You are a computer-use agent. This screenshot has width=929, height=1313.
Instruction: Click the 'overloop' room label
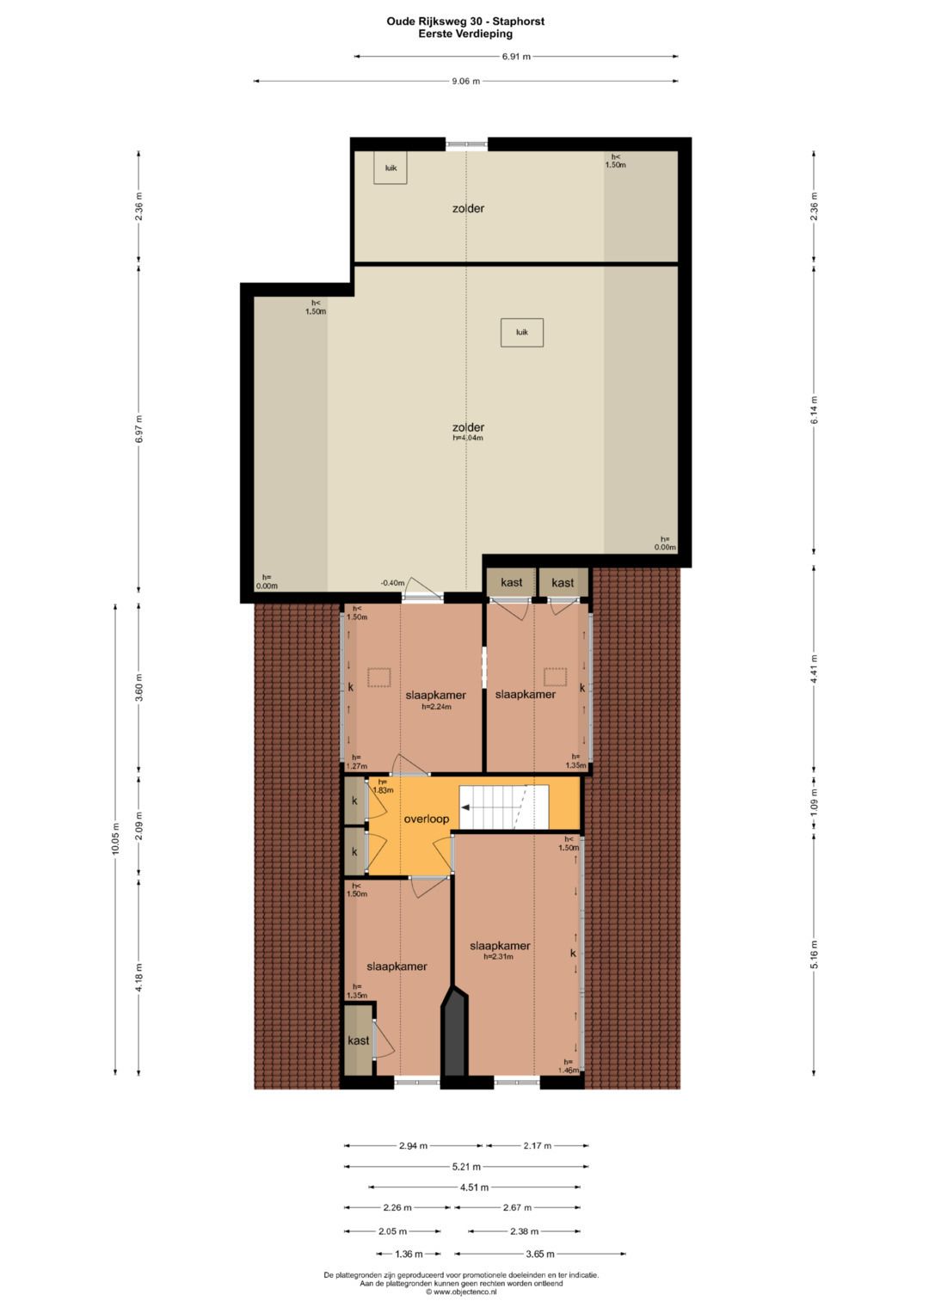[427, 819]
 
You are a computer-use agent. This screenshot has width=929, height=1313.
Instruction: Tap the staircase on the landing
[503, 807]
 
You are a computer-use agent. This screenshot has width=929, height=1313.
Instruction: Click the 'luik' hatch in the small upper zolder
[391, 168]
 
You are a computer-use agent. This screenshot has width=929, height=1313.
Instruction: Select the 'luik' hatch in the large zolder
[522, 332]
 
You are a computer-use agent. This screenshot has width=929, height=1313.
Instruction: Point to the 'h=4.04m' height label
[468, 438]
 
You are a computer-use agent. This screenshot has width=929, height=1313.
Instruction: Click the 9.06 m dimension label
[465, 82]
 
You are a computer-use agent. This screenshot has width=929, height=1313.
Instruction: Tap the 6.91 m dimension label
[516, 57]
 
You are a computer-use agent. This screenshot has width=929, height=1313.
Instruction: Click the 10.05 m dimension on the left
[115, 838]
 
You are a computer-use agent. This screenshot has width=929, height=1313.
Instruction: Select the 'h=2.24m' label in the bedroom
[436, 707]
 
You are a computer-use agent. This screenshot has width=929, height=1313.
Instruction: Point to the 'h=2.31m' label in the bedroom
[498, 956]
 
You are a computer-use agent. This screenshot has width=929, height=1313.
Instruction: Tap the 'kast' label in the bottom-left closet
[359, 1040]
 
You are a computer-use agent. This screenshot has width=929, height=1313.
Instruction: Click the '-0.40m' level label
[392, 583]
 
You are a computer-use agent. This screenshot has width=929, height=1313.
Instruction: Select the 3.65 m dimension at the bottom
[539, 1254]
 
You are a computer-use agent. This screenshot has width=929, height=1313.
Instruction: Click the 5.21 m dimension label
[466, 1167]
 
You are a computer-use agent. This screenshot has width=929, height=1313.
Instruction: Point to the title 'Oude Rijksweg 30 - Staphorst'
[465, 21]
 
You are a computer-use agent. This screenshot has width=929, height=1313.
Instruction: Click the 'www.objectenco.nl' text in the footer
[465, 1292]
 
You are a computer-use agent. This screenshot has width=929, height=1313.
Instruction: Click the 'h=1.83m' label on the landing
[383, 786]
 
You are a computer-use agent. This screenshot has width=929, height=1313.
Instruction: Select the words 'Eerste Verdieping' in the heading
[465, 34]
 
